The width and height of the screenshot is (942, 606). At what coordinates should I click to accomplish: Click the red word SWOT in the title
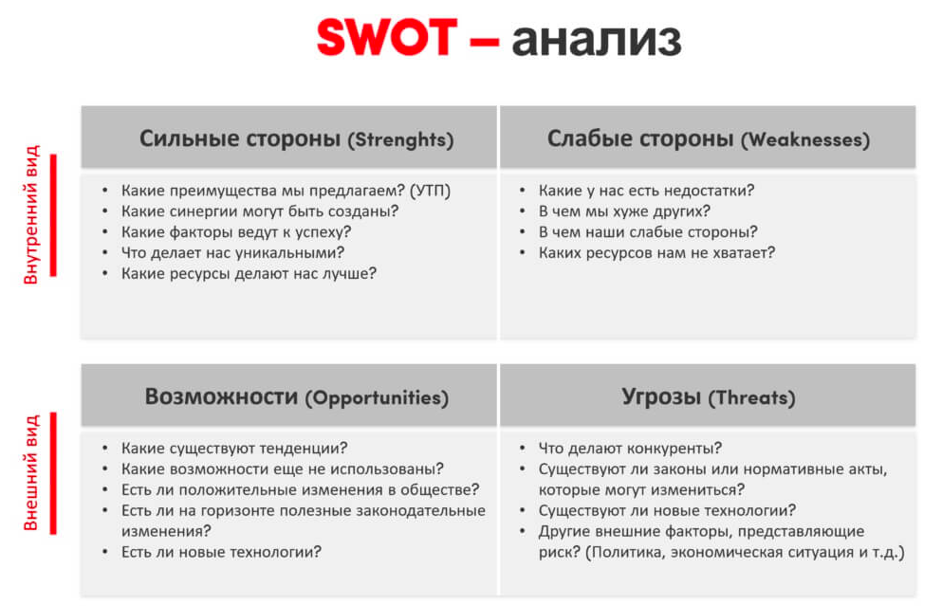[x=387, y=38]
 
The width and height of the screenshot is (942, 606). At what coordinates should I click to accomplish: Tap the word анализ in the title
[x=597, y=40]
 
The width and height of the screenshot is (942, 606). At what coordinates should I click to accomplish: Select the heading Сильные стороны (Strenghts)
[x=296, y=138]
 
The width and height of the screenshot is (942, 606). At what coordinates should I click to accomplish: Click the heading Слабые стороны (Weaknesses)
[x=709, y=138]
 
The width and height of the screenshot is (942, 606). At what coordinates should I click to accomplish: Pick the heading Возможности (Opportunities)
[x=296, y=397]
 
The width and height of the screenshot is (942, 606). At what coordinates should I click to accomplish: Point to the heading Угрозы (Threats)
[x=709, y=397]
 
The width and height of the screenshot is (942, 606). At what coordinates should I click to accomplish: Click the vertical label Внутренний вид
[x=30, y=214]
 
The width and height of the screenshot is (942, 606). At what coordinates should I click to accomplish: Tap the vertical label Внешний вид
[x=30, y=472]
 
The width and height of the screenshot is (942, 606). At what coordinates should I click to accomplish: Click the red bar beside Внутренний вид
[x=53, y=215]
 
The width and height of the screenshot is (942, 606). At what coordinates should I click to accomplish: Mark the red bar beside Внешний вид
[x=53, y=473]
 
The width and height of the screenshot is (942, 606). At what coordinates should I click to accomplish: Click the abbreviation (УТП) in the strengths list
[x=430, y=191]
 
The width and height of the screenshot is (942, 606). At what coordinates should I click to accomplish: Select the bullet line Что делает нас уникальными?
[x=232, y=253]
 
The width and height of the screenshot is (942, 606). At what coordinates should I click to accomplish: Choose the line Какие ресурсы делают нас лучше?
[x=249, y=273]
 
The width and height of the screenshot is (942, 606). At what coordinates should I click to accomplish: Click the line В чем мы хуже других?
[x=624, y=211]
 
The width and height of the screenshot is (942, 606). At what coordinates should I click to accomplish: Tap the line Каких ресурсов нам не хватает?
[x=656, y=253]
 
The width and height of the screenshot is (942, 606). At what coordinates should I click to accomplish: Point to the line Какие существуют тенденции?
[x=234, y=448]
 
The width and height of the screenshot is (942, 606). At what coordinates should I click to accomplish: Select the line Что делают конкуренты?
[x=630, y=448]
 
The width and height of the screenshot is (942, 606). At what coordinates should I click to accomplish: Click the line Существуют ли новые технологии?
[x=667, y=510]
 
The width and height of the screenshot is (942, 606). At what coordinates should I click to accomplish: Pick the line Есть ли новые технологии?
[x=221, y=552]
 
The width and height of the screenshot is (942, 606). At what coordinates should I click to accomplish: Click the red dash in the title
[x=484, y=42]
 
